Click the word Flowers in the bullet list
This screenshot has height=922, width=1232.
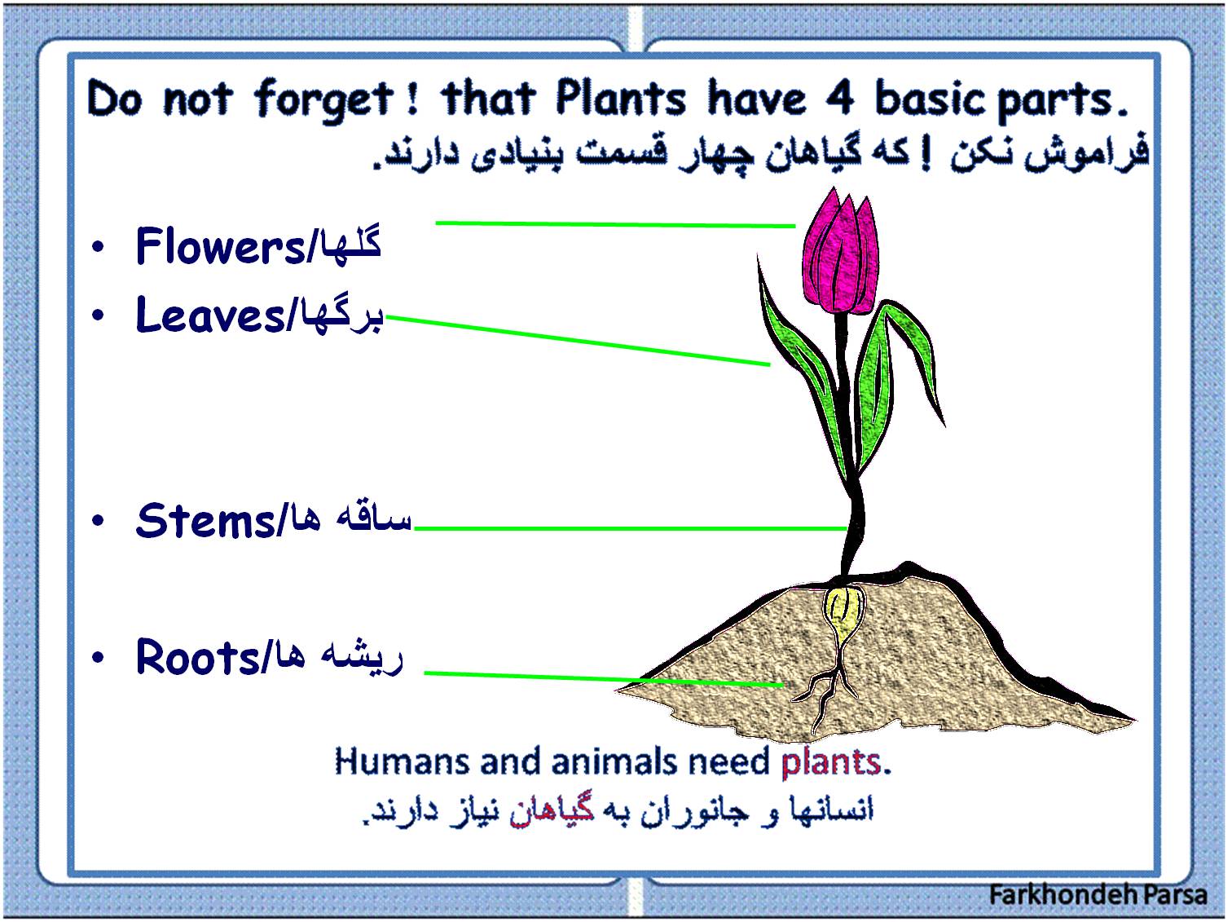(x=220, y=246)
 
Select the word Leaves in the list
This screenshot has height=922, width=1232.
(x=211, y=315)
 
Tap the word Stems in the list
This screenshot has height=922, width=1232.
(x=205, y=521)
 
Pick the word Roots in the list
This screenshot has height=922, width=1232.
(x=197, y=656)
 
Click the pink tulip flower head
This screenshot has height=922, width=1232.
(x=840, y=253)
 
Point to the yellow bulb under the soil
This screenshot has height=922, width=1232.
(x=843, y=608)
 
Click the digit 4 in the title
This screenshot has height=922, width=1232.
(x=840, y=99)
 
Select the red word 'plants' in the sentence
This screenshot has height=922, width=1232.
(x=830, y=762)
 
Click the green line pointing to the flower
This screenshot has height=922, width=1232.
(x=616, y=225)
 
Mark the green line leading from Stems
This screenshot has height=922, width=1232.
(x=631, y=528)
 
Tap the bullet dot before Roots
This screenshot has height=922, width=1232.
(x=98, y=657)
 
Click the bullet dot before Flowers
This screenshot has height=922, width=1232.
(x=98, y=246)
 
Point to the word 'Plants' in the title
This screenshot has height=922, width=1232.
(x=621, y=99)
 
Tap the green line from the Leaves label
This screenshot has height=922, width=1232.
(x=579, y=341)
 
